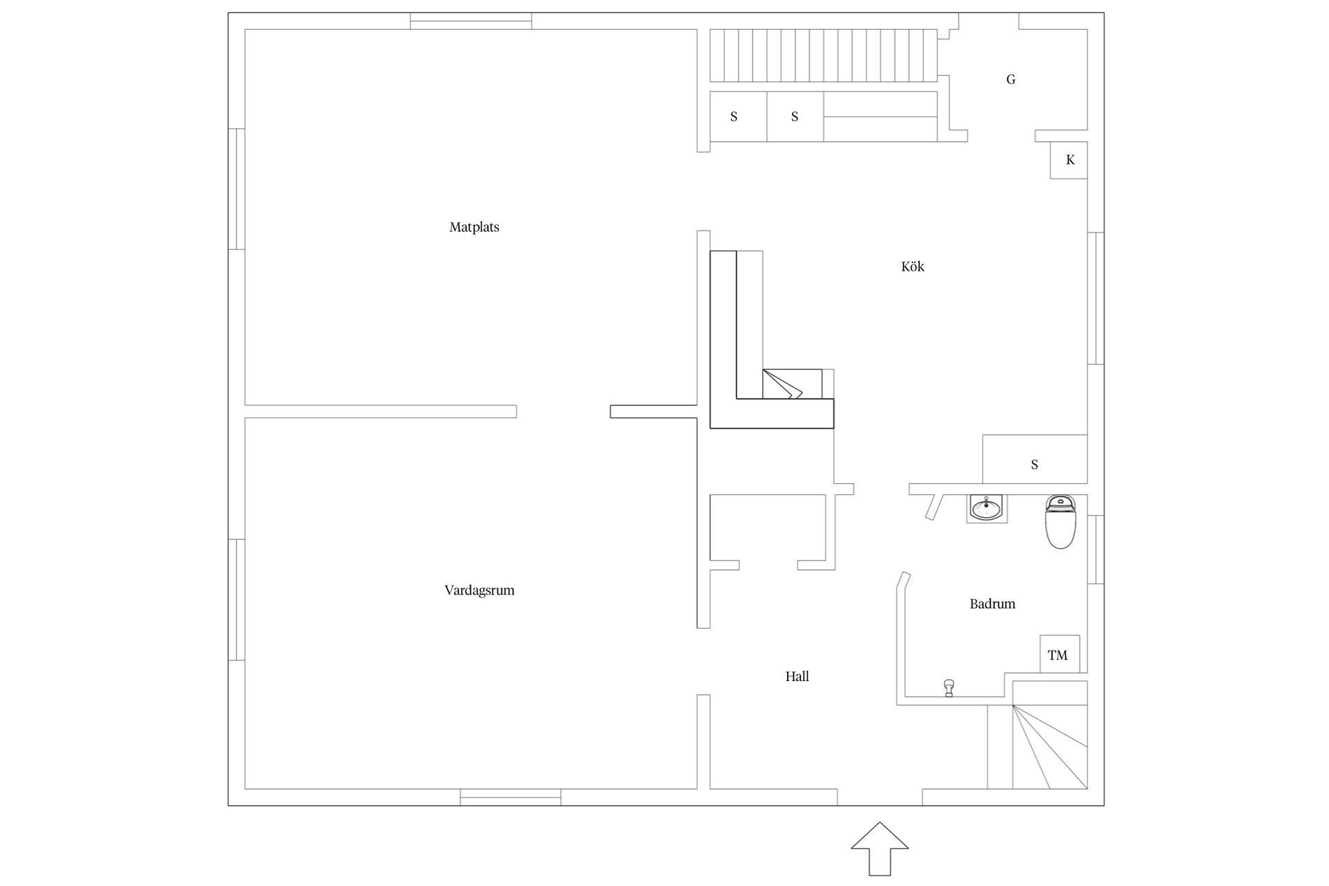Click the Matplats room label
tap(474, 227)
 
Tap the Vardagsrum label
tap(479, 590)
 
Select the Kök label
tap(912, 266)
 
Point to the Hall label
tap(797, 676)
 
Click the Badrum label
tap(992, 604)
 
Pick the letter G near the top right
tap(1011, 80)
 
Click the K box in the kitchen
tap(1069, 160)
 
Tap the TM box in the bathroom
tap(1059, 654)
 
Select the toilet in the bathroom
tap(1060, 521)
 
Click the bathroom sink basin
tap(986, 508)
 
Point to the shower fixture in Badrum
tap(949, 687)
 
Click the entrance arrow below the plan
tap(879, 849)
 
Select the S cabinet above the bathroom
tap(1035, 459)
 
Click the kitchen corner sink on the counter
tap(792, 384)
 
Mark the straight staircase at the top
tap(824, 55)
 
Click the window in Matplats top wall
tap(471, 21)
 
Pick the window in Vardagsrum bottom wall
tap(511, 797)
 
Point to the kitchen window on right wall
tap(1096, 298)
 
